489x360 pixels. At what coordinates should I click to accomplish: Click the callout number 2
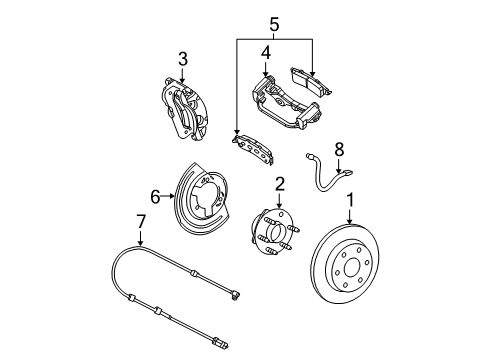(280, 183)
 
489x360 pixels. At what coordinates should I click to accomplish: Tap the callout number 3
(182, 58)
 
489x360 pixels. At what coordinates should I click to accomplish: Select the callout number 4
(265, 51)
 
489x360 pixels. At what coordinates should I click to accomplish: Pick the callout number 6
(155, 198)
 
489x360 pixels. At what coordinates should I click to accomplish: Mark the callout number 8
(338, 148)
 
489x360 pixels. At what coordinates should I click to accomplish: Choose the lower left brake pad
(252, 148)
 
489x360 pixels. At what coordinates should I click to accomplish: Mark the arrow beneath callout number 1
(350, 222)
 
